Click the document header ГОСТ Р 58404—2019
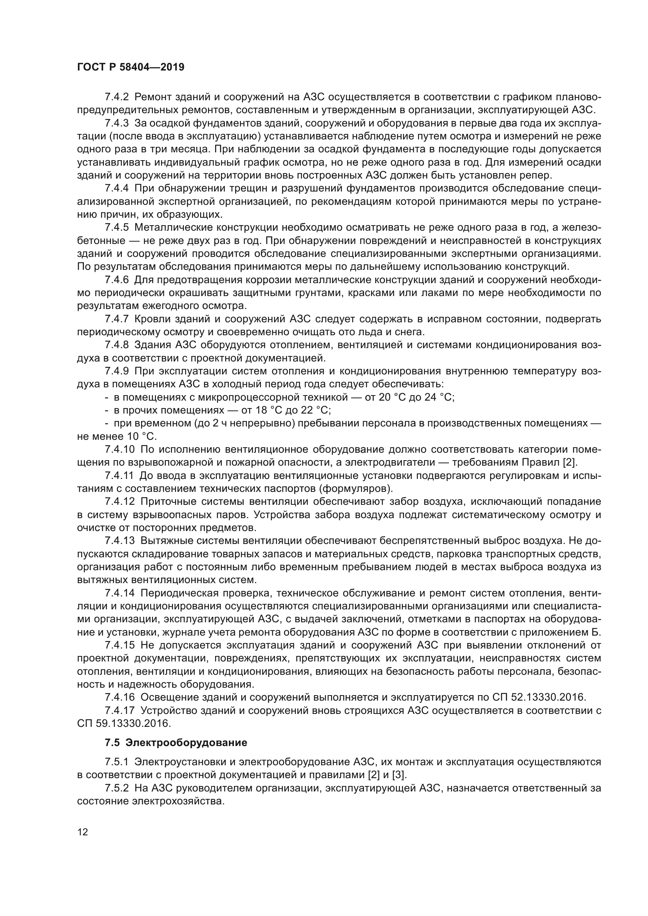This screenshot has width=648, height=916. pyautogui.click(x=130, y=67)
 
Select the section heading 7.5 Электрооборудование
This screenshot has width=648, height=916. pyautogui.click(x=176, y=743)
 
